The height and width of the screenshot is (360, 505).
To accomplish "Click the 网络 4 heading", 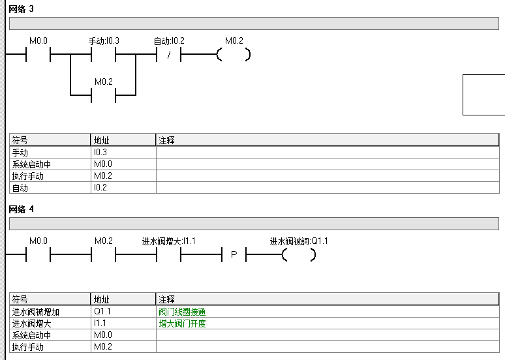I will click(x=22, y=209).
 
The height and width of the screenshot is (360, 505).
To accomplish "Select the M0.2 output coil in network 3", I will click(x=234, y=55).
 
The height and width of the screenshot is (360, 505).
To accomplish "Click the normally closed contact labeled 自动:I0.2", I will click(x=168, y=55).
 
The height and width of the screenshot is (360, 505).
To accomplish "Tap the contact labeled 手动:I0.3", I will click(x=103, y=55).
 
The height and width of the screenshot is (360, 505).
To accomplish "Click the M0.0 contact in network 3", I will click(x=38, y=55).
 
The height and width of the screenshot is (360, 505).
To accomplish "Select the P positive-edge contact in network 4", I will click(x=234, y=255).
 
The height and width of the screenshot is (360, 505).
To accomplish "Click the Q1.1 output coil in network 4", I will click(x=299, y=255).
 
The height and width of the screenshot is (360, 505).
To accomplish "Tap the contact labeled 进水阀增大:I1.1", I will click(x=168, y=255).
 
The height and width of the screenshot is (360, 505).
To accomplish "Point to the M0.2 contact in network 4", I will click(x=103, y=255).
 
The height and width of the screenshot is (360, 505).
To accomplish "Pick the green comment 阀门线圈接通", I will click(x=182, y=312).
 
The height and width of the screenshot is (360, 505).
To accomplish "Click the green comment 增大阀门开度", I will click(x=182, y=323).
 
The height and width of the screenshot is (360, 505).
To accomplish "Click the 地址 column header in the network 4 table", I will click(x=102, y=299).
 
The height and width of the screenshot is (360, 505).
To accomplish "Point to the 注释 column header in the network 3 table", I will click(x=167, y=140).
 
